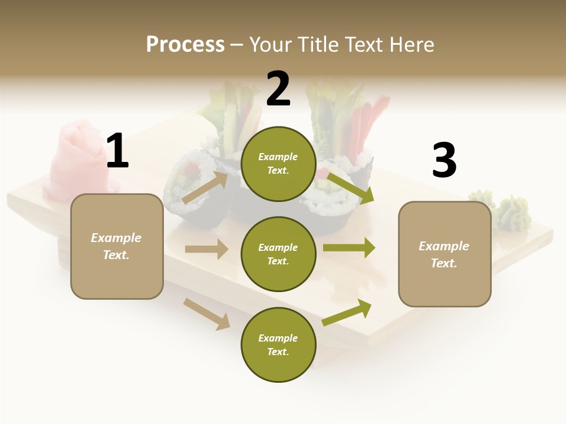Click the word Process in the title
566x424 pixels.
pos(185,45)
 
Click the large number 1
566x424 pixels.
pos(117,151)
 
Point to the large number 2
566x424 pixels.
pos(278,89)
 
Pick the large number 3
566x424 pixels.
pos(445,161)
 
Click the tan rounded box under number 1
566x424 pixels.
pos(117,246)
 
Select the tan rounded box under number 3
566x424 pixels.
pos(445,254)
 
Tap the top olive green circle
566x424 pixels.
pos(278,164)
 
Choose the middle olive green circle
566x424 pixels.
pos(278,254)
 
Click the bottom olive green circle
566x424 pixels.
pos(278,344)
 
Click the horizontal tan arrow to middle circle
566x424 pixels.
pos(206,249)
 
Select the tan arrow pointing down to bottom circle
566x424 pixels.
pos(207,314)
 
